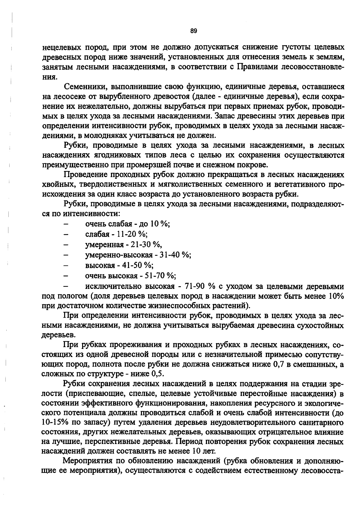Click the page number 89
tap(193, 31)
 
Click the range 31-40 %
tap(175, 255)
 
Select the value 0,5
tap(158, 374)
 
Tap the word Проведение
tap(85, 174)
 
